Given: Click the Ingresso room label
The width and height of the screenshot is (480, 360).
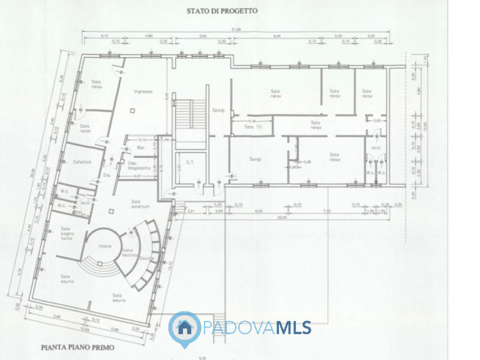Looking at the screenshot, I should [143, 92].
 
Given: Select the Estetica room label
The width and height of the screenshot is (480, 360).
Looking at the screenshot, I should [82, 162].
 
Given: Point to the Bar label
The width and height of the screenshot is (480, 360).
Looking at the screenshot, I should [142, 147].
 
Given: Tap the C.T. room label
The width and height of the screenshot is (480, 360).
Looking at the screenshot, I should [190, 162].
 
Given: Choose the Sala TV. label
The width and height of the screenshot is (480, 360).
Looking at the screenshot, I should [253, 127].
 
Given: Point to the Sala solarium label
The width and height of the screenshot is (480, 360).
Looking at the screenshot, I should [140, 204].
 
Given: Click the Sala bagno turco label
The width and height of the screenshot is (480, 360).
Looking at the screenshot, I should [65, 232].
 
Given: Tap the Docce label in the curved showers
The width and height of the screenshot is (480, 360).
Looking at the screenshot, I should [144, 258].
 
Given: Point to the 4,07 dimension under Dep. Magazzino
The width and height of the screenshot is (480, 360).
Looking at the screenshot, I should [137, 176].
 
